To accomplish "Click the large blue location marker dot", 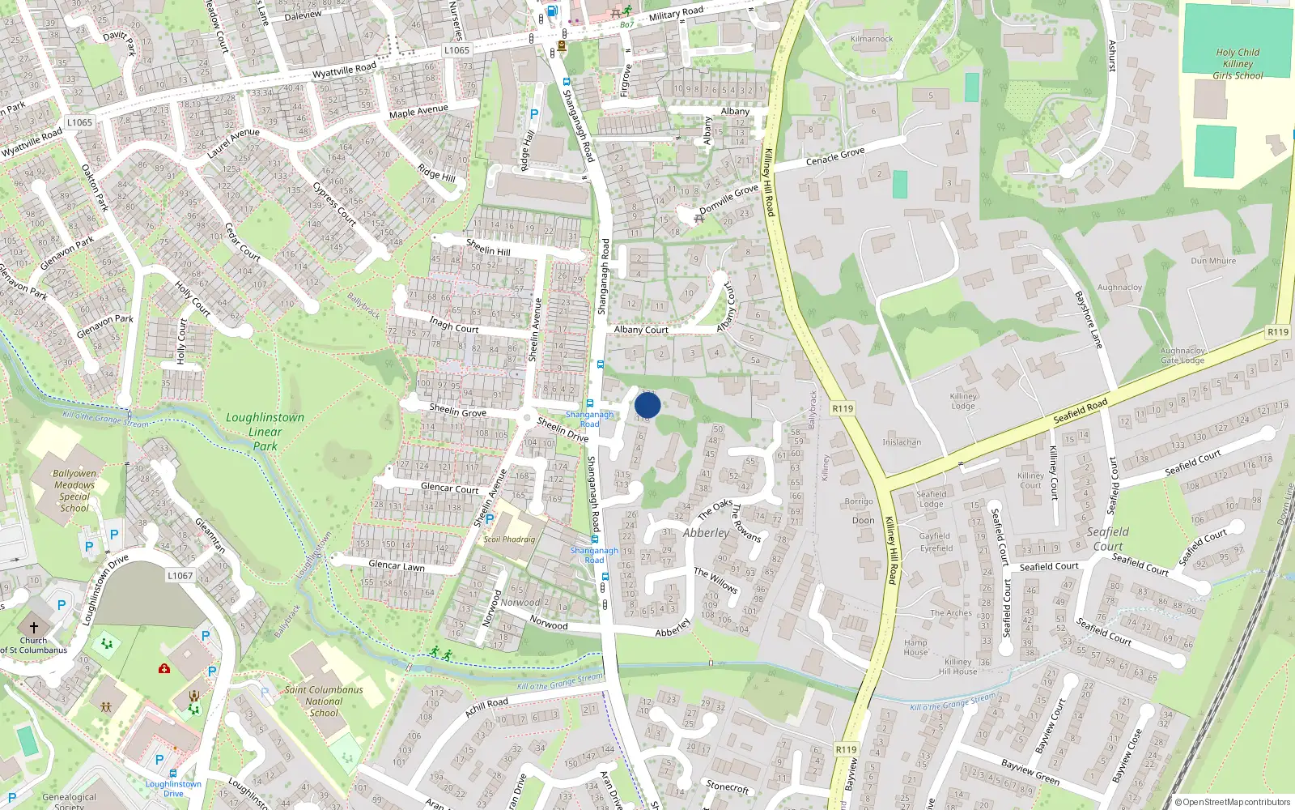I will click(x=647, y=405).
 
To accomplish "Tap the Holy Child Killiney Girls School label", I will click(x=1238, y=64).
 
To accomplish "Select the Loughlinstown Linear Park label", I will click(x=265, y=431).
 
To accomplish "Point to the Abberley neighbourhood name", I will click(x=706, y=533).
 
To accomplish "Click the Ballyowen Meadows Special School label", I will click(x=74, y=491).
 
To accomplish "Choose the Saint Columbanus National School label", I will click(x=324, y=701).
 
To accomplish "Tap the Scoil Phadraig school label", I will click(x=509, y=539).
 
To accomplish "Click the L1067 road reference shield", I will click(x=180, y=576).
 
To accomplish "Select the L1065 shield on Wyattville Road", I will click(x=456, y=50).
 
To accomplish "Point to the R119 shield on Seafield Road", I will click(x=1277, y=332).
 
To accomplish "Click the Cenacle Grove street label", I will click(x=835, y=156).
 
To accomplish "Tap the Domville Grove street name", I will click(x=728, y=199).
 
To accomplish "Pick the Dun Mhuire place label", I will click(x=1213, y=261).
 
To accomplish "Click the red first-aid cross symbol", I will click(x=164, y=669).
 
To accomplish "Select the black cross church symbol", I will click(x=34, y=627).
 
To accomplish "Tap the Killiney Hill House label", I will click(x=957, y=667).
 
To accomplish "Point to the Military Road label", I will click(x=676, y=13).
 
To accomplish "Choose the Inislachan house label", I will click(x=902, y=442).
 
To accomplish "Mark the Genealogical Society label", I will click(x=70, y=801).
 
